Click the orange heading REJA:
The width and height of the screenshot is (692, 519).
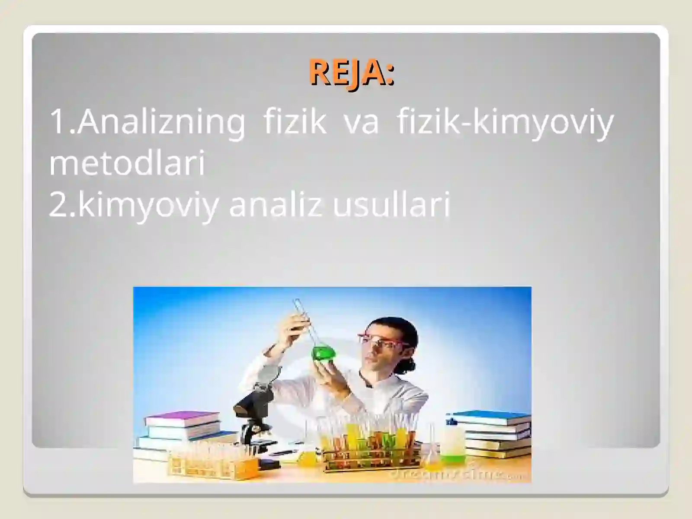click(x=351, y=73)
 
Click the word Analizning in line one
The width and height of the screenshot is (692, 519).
click(x=161, y=122)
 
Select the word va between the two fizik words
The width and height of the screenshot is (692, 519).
click(x=361, y=122)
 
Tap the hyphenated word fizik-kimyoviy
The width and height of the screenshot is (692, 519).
click(x=505, y=122)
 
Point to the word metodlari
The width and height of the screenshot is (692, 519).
click(x=127, y=164)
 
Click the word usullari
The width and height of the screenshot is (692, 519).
click(x=391, y=205)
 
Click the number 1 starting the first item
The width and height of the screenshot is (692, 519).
click(x=58, y=122)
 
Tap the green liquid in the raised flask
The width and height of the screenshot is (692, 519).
click(x=324, y=353)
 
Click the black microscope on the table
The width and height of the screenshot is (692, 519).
click(x=253, y=411)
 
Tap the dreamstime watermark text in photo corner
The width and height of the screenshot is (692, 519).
click(x=458, y=474)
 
